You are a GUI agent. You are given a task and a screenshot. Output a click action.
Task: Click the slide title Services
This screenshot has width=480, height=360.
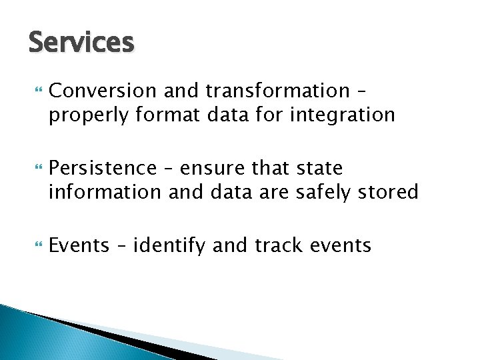[x=81, y=43]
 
